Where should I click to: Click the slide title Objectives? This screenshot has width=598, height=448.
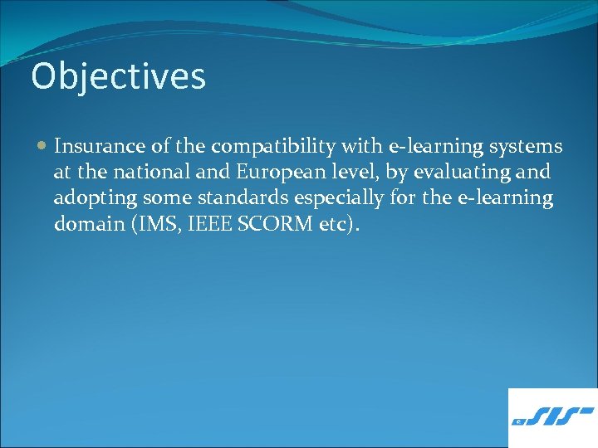(118, 76)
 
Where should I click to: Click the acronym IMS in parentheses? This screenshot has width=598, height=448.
(149, 224)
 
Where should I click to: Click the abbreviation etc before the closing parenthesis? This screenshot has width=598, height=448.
(334, 224)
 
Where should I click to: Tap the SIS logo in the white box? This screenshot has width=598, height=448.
(553, 416)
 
